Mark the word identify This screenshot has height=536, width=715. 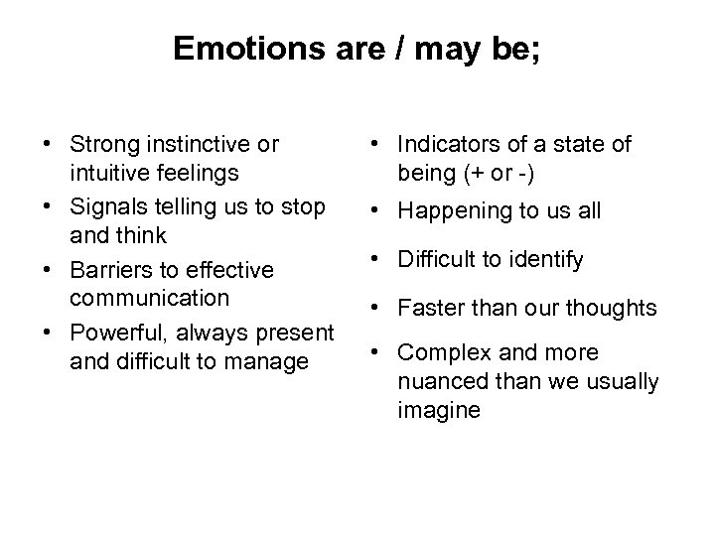pos(544,261)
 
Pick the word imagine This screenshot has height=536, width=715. pos(439,410)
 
